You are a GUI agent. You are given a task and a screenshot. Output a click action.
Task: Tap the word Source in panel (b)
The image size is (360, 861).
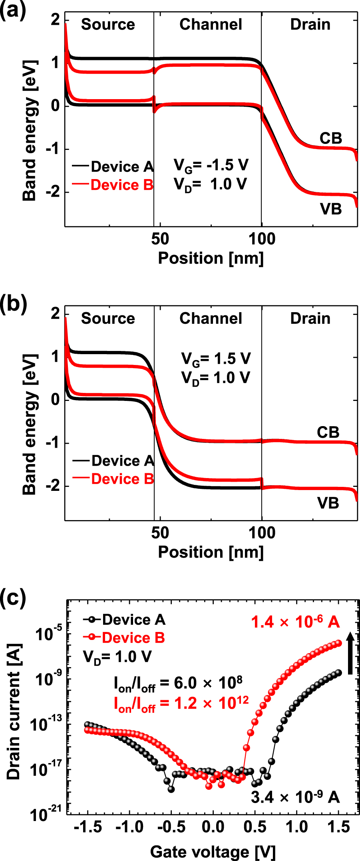[108, 319]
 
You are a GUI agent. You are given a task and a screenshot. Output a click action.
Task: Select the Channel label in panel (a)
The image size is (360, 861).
[211, 24]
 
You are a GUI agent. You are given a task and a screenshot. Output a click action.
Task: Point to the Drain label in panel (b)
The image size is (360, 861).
[310, 319]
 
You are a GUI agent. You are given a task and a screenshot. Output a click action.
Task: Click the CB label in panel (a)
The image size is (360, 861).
[331, 138]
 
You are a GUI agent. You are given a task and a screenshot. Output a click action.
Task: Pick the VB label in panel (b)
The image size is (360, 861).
[328, 503]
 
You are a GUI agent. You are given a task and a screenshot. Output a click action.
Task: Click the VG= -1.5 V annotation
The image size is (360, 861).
[211, 165]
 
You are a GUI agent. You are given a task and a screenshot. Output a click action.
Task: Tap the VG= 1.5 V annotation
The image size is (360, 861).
[216, 359]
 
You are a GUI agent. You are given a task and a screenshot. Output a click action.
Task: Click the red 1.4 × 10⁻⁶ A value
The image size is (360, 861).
[295, 622]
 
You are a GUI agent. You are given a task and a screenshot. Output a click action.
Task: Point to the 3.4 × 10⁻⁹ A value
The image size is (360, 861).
[295, 797]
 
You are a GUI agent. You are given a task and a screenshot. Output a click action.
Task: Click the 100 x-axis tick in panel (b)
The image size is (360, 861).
[262, 533]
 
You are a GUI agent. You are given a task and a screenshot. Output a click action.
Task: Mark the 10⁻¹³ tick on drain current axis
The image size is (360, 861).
[49, 723]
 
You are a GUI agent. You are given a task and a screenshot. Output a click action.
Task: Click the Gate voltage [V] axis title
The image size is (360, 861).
[213, 852]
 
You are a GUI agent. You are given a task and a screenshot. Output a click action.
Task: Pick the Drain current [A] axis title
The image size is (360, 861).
[14, 711]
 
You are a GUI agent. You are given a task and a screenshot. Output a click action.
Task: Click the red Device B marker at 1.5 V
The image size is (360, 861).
[338, 643]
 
